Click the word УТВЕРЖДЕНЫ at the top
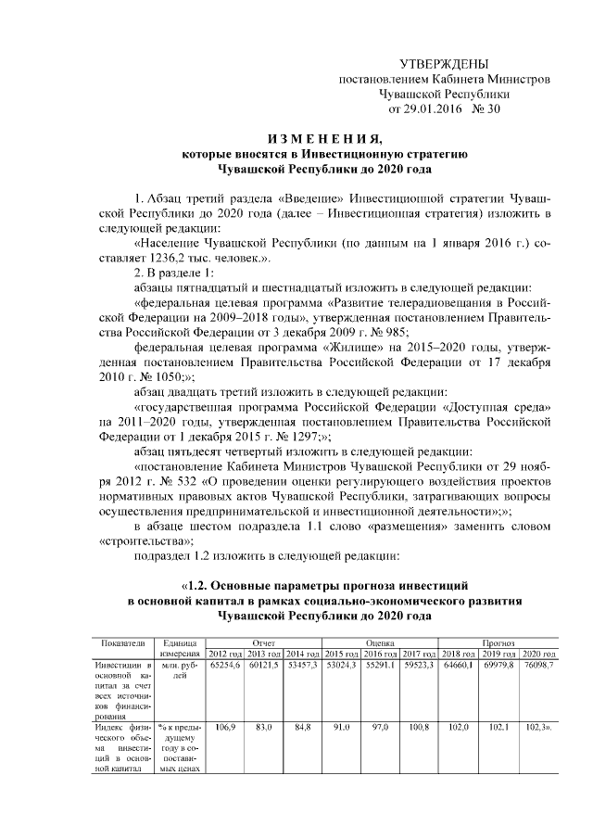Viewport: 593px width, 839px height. (443, 64)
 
